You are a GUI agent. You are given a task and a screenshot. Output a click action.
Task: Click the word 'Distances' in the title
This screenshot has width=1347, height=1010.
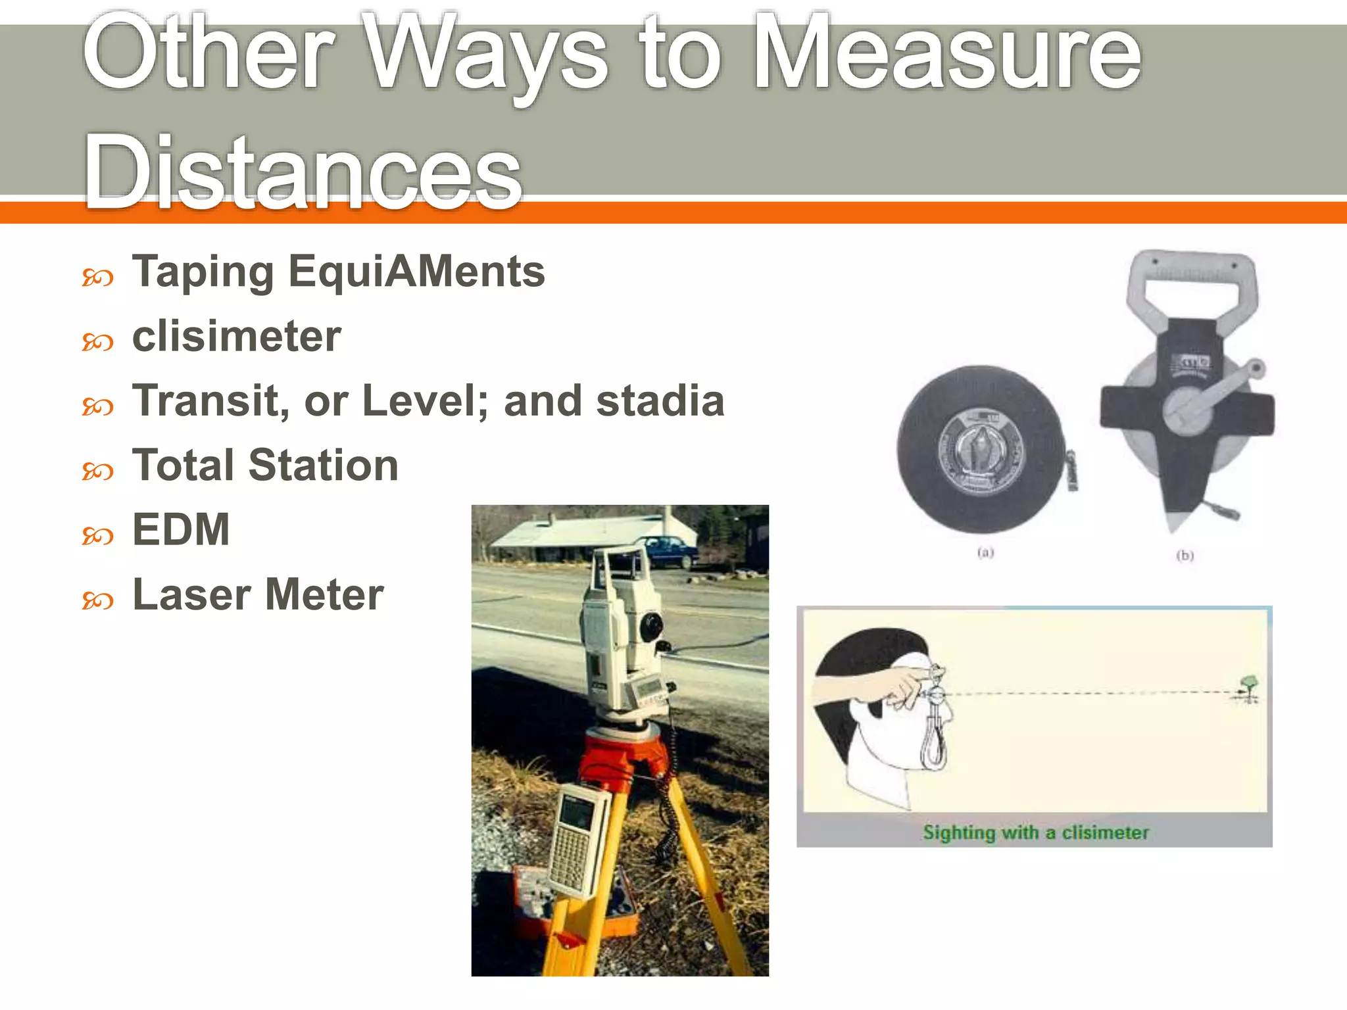click(303, 172)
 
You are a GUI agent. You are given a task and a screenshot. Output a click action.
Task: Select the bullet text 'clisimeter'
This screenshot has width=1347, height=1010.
click(237, 337)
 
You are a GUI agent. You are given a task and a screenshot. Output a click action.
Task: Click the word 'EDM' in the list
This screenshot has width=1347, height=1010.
click(181, 530)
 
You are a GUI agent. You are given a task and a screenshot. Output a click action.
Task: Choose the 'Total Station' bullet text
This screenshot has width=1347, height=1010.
click(265, 466)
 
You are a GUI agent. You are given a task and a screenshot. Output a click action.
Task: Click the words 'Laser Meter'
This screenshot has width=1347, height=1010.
click(258, 594)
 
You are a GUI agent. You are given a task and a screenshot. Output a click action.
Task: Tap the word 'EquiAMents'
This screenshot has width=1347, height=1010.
click(416, 272)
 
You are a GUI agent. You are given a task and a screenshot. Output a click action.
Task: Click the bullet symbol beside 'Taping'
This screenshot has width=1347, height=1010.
click(97, 278)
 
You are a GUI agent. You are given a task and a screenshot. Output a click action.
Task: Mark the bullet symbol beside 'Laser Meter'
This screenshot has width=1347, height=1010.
click(97, 600)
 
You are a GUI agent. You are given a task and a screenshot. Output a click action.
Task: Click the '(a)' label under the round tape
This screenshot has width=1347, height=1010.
click(985, 552)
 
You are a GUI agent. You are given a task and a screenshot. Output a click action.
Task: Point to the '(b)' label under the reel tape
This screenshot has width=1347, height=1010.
click(1185, 556)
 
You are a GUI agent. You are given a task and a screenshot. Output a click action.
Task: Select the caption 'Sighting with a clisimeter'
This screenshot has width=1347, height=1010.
click(1035, 832)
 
